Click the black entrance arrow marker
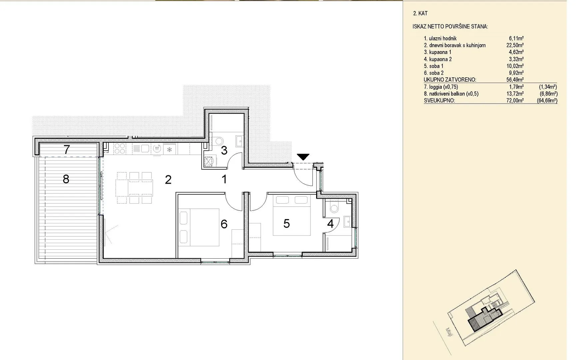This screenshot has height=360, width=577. point(303,157)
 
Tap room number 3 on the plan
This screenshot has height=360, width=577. point(224,150)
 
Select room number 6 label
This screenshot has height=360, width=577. point(224,224)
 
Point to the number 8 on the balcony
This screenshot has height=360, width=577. point(66,179)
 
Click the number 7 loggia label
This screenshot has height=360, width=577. point(67,150)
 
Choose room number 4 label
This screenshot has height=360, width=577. point(330,223)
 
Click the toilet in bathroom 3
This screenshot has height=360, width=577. point(219,141)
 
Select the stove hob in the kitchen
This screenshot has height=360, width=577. point(120,149)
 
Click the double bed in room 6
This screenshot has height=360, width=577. point(199,227)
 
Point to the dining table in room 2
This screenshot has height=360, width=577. point(140,187)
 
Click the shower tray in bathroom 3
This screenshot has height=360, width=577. point(209,162)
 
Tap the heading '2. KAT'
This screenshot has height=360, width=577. point(420,13)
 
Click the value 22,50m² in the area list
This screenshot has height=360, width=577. point(515,45)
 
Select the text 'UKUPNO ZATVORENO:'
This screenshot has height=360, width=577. point(450,80)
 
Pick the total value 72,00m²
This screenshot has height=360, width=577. point(515,100)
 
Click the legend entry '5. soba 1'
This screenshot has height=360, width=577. point(434,66)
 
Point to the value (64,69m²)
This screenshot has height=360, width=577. point(547,100)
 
